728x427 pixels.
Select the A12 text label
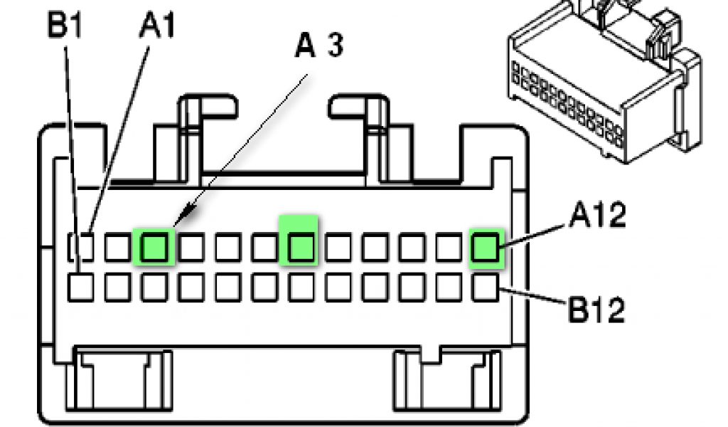[596, 216]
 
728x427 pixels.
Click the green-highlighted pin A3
[155, 247]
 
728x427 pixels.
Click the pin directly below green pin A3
[155, 287]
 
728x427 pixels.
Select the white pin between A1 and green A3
[118, 247]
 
